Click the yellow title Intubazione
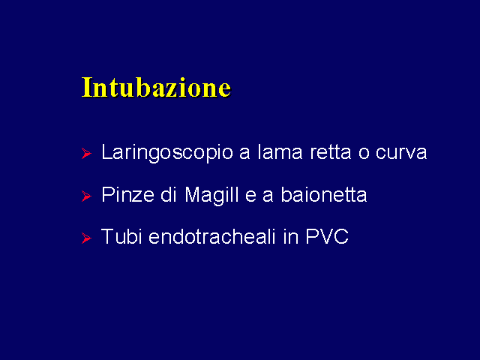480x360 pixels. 156,88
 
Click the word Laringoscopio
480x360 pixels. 167,153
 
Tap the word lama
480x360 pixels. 280,151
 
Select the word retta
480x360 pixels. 331,152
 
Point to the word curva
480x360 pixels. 401,153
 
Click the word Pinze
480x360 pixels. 127,194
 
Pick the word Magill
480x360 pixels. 211,195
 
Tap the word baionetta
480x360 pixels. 324,194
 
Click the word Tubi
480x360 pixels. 121,236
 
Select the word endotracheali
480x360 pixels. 212,236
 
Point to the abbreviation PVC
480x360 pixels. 327,236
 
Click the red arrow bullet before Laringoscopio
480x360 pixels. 87,153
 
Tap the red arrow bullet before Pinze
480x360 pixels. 87,196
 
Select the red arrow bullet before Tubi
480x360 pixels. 87,238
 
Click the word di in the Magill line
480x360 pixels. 169,194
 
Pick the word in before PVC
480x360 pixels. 291,236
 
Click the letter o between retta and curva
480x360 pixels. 364,153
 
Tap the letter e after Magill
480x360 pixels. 250,196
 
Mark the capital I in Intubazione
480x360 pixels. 87,88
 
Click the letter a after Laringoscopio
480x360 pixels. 245,153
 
